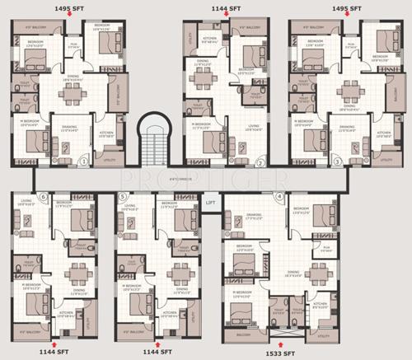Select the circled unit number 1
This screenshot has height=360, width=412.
click(x=83, y=162)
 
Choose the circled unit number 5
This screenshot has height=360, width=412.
click(x=122, y=197)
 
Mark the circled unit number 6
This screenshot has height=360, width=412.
click(x=43, y=197)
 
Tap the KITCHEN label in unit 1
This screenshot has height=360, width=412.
click(x=106, y=133)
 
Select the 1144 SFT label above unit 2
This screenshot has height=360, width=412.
click(x=225, y=6)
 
